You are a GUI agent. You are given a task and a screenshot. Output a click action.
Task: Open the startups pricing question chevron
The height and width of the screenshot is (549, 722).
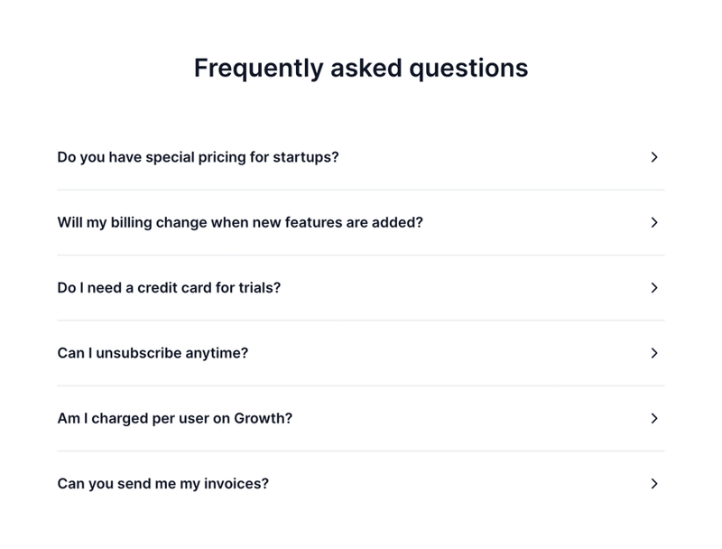point(654,157)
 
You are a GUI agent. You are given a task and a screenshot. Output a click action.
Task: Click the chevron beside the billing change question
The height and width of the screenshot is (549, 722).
point(654,222)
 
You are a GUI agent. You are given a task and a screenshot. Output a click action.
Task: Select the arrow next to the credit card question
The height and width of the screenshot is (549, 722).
point(654,288)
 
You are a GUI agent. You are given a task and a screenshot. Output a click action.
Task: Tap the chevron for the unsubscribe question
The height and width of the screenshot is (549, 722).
point(654,353)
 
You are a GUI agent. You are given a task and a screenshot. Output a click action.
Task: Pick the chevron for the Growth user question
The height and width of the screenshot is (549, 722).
point(654,418)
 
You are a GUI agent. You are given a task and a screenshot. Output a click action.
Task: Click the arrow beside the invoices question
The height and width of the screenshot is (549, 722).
point(654,484)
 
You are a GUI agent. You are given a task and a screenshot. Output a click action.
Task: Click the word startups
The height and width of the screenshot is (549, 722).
point(305,157)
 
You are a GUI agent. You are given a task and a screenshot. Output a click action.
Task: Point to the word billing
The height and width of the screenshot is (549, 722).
point(134,222)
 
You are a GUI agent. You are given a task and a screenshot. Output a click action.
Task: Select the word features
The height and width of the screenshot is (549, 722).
point(313,222)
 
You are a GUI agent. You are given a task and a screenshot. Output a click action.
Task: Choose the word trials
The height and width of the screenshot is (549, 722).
point(259,288)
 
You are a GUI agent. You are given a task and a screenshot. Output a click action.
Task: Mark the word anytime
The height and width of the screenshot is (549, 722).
point(217,353)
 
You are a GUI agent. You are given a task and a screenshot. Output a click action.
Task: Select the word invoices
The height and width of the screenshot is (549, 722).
point(236,484)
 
